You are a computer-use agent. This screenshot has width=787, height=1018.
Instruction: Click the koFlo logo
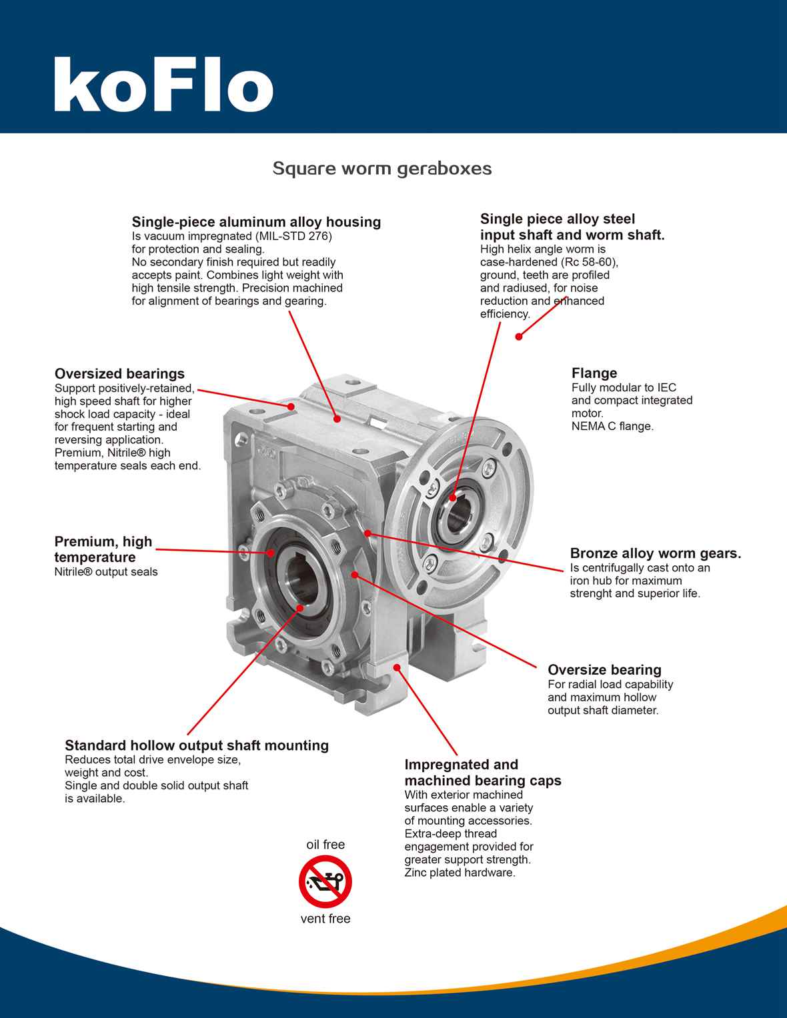pos(163,85)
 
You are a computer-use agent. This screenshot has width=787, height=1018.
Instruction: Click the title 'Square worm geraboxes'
pos(382,168)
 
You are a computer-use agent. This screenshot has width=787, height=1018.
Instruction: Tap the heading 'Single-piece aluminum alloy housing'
pos(256,222)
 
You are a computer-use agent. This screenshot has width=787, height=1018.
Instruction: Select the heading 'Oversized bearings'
pos(119,373)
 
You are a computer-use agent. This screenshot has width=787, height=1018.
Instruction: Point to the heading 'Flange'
pos(594,373)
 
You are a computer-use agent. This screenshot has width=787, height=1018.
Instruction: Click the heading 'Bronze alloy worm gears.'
pos(655,553)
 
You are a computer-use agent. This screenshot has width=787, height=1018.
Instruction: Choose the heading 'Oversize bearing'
pos(604,670)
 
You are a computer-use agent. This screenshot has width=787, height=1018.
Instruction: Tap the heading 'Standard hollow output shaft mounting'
pos(197,745)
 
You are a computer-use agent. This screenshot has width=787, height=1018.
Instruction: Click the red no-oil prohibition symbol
pos(325,881)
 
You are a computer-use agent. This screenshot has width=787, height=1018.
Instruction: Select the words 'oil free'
pos(325,845)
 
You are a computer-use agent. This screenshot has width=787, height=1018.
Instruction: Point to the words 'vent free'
pos(325,919)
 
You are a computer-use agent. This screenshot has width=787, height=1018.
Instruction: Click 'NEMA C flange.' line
pos(612,426)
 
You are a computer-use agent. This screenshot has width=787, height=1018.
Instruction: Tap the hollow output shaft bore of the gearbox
pos(299,574)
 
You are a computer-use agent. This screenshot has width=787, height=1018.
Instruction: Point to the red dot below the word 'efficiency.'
pos(518,337)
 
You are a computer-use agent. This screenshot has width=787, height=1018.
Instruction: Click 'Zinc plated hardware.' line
pos(460,873)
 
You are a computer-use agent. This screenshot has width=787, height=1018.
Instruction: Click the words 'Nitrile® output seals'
pos(106,572)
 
